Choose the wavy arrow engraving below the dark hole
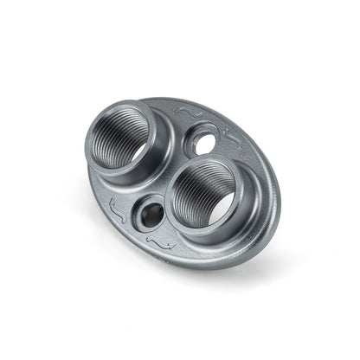pos(157,245)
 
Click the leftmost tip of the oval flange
pos(88,177)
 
